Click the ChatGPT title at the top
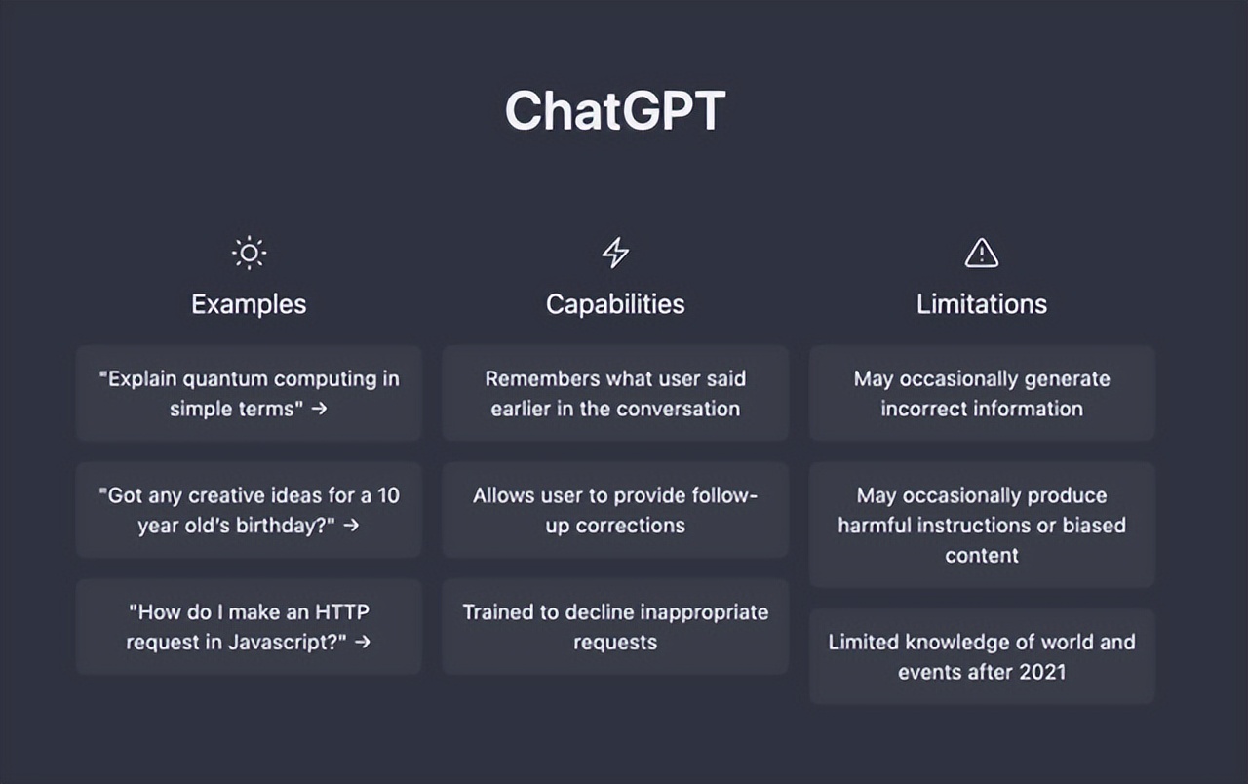tap(615, 110)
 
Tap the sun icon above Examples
tap(249, 254)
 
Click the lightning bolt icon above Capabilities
tap(615, 254)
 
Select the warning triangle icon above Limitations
tap(981, 254)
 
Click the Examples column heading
tap(249, 304)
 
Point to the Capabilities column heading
tap(615, 304)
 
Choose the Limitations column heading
tap(981, 304)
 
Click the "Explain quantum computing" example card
tap(249, 393)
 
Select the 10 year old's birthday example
tap(249, 510)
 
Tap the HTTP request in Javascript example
tap(249, 627)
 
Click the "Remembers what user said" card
tap(615, 393)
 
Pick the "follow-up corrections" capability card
tap(615, 510)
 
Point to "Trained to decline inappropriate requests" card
tap(615, 627)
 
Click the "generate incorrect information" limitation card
tap(981, 393)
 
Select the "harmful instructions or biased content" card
tap(981, 525)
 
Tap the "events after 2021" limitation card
tap(981, 656)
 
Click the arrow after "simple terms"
tap(319, 409)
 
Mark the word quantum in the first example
tap(225, 378)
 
